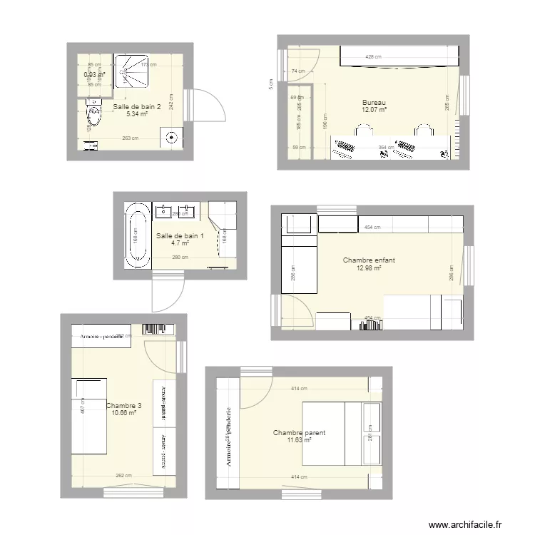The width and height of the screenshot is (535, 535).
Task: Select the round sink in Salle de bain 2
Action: (172, 138)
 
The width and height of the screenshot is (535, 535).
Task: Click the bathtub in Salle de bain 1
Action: (136, 235)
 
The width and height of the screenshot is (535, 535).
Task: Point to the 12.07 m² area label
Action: (374, 110)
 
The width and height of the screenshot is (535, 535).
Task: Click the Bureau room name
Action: (374, 102)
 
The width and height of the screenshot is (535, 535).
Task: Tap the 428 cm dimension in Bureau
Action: (374, 56)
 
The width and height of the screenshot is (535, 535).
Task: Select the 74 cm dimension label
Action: (298, 71)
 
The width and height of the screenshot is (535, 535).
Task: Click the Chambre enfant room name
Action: (369, 260)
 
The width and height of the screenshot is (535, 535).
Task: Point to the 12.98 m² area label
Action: (369, 268)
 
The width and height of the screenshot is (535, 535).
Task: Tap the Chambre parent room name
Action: (299, 433)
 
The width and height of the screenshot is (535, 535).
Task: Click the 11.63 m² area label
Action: (299, 441)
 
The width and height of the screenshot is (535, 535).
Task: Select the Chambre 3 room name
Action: (123, 406)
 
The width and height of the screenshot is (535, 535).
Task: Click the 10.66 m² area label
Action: (123, 413)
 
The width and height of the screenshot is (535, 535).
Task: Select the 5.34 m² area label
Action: (137, 114)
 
